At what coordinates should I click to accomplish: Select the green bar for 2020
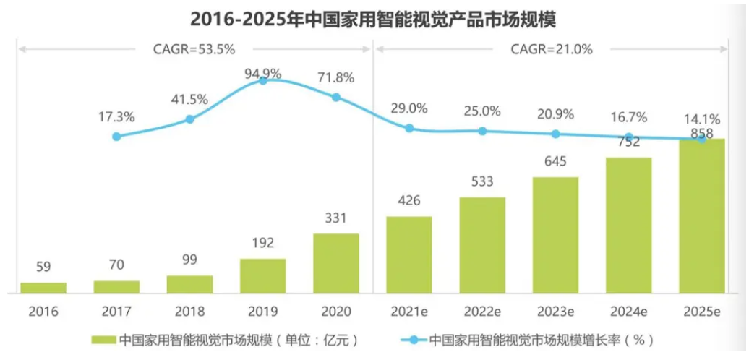[x=336, y=263]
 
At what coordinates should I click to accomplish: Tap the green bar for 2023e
[x=555, y=235]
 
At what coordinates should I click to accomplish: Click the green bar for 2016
[x=43, y=288]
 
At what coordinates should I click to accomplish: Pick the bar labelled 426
[x=409, y=254]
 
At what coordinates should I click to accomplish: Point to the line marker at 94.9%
[x=263, y=81]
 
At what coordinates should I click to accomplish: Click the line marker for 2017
[x=116, y=136]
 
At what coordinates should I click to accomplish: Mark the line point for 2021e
[x=409, y=128]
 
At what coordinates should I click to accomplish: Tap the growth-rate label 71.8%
[x=336, y=76]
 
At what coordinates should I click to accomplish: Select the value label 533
[x=482, y=181]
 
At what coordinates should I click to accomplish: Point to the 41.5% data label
[x=190, y=99]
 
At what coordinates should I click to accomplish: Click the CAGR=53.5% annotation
[x=194, y=49]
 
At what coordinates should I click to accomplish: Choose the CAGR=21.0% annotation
[x=552, y=49]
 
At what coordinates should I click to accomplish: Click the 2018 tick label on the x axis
[x=189, y=312]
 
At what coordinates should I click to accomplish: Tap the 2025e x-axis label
[x=702, y=312]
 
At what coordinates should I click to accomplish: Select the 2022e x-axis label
[x=482, y=312]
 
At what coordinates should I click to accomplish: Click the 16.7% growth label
[x=629, y=118]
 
